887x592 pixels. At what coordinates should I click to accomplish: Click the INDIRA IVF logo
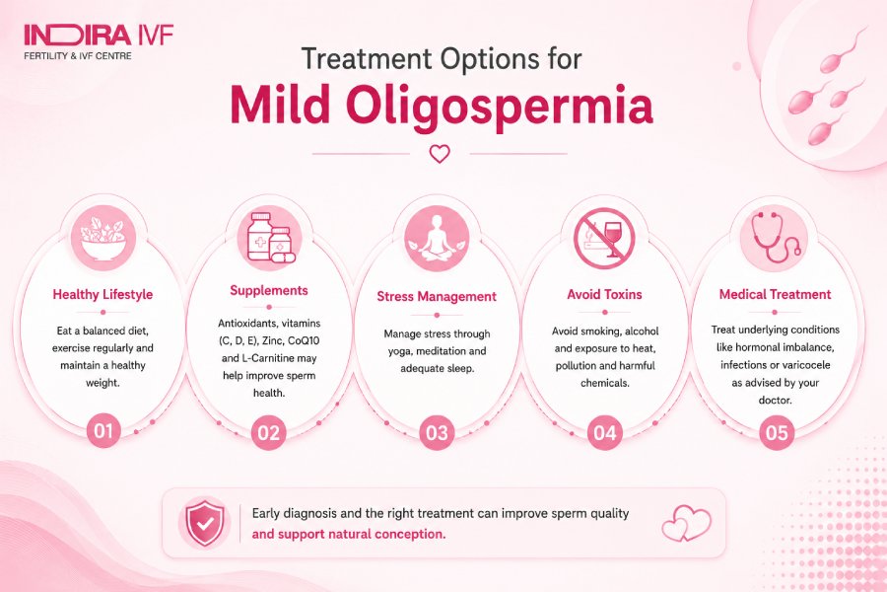pyautogui.click(x=99, y=41)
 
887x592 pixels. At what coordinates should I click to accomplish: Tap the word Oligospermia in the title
pyautogui.click(x=500, y=107)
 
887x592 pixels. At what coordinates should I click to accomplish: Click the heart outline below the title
pyautogui.click(x=440, y=154)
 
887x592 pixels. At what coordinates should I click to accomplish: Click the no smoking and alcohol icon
pyautogui.click(x=605, y=238)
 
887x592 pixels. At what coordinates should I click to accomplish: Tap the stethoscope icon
pyautogui.click(x=775, y=236)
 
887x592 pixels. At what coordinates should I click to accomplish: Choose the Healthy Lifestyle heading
pyautogui.click(x=102, y=294)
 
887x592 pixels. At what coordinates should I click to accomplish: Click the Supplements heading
pyautogui.click(x=269, y=290)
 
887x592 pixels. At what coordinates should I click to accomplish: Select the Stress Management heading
pyautogui.click(x=437, y=296)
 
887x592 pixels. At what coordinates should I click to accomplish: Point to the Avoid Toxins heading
pyautogui.click(x=605, y=294)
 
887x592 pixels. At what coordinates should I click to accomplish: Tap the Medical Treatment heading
pyautogui.click(x=775, y=294)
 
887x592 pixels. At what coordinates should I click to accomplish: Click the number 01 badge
pyautogui.click(x=102, y=431)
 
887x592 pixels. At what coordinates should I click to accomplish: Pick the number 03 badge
pyautogui.click(x=437, y=433)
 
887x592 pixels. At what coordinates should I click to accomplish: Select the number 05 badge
pyautogui.click(x=777, y=433)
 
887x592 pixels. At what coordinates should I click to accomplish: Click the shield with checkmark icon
pyautogui.click(x=205, y=523)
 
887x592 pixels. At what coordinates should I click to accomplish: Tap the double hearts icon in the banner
pyautogui.click(x=686, y=523)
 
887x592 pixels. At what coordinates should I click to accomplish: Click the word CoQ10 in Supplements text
pyautogui.click(x=304, y=340)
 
